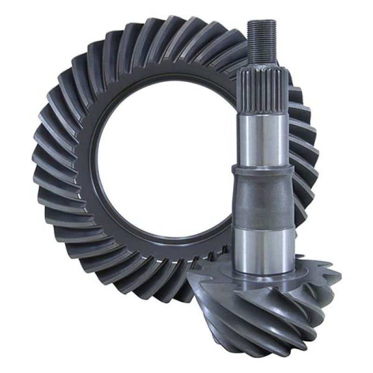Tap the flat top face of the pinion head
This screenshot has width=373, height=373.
point(247,275)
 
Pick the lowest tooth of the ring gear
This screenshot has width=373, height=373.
point(154,298)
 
